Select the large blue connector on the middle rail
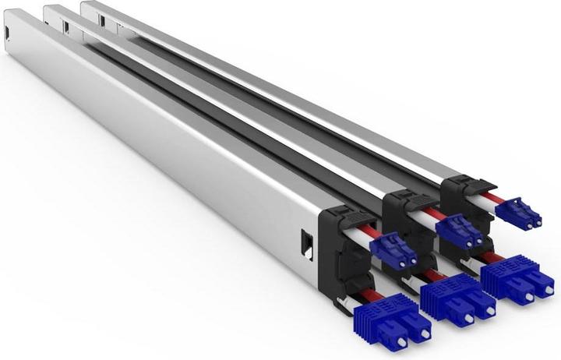456,299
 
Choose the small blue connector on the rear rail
517,212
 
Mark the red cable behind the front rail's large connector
367,295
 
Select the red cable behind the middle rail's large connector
434,274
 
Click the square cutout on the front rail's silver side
307,242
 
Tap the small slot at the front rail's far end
7,32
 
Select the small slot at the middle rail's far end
66,26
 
